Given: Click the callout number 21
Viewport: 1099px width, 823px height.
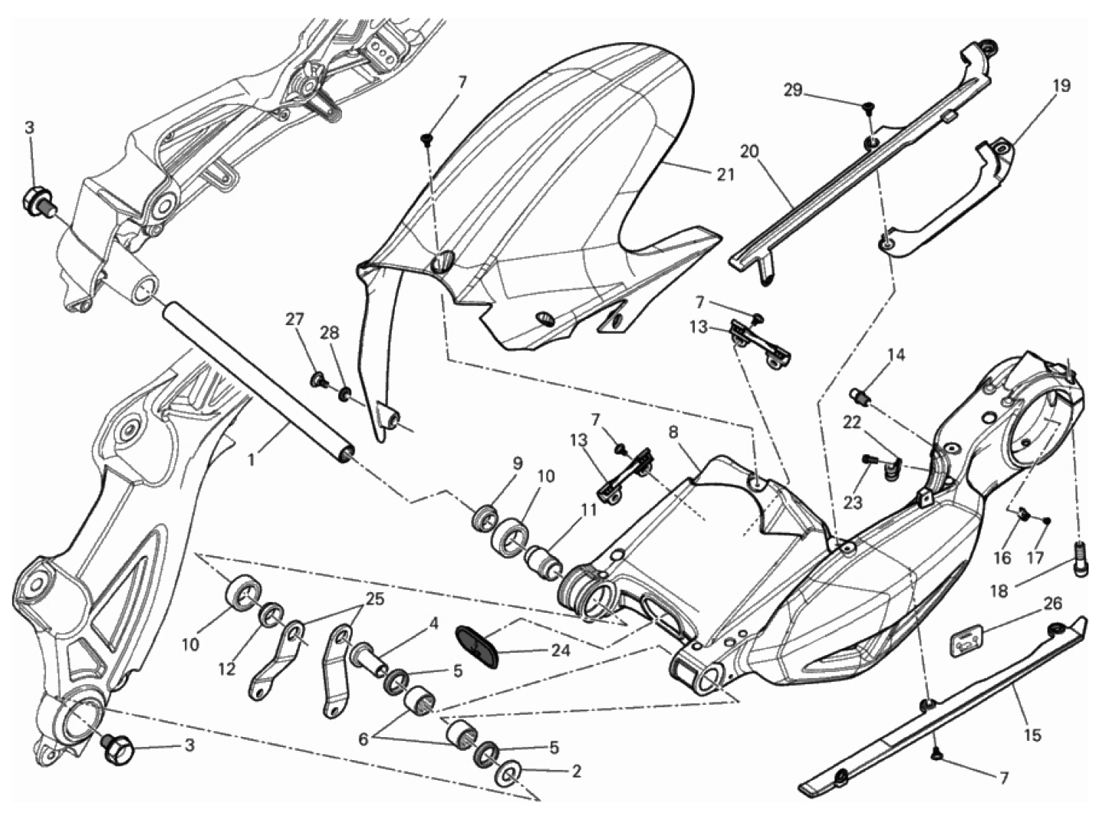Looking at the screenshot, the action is tap(725, 174).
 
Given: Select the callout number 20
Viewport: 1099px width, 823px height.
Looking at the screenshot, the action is tap(749, 151).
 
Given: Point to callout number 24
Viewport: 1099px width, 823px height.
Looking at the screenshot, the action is tap(561, 650).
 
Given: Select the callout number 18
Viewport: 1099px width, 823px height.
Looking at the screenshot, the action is tap(1000, 591).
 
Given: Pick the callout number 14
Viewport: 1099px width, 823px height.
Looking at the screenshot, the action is tap(897, 355).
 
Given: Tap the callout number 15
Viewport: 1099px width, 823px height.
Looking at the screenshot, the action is tap(1032, 735).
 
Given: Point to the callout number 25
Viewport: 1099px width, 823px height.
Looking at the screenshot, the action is tap(375, 599).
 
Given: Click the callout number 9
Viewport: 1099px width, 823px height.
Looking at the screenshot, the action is tap(517, 463).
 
